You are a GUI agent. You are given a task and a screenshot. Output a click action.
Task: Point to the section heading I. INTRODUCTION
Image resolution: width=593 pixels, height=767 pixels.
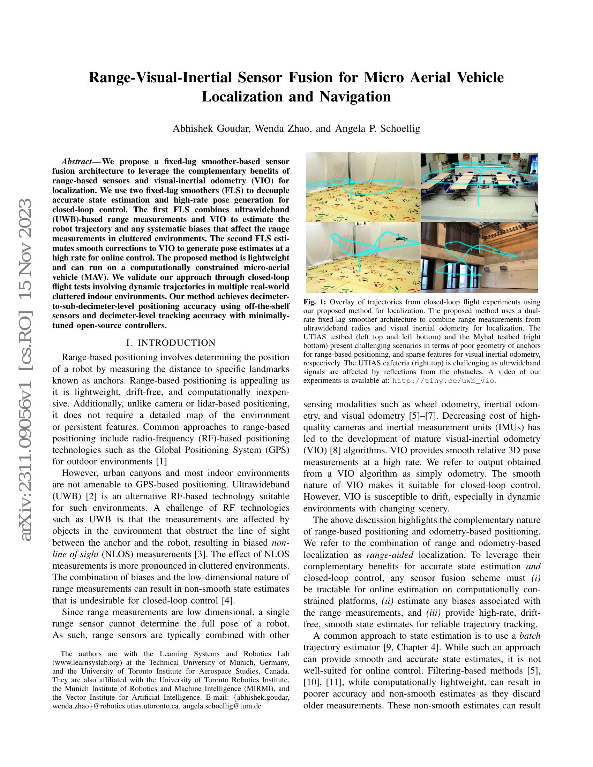tap(171, 343)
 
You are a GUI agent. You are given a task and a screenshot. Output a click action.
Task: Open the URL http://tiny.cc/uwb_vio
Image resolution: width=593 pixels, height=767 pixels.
tap(443, 380)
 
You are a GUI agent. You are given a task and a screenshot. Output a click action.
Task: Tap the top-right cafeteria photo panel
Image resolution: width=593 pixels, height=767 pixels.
tap(479, 187)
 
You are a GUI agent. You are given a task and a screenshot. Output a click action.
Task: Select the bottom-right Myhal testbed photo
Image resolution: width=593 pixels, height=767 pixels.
tap(479, 257)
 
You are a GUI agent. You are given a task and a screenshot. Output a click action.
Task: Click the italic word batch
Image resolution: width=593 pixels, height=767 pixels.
tap(530, 636)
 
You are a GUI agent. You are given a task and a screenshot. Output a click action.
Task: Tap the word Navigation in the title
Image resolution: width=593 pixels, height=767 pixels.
tap(355, 96)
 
